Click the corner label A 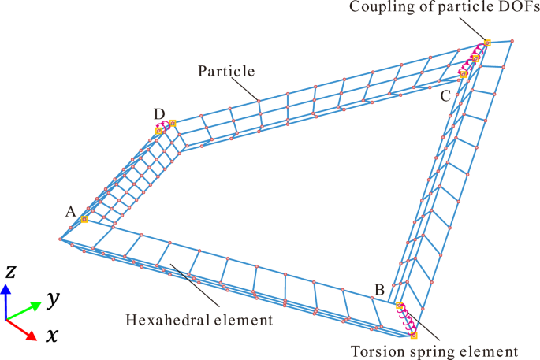click(x=70, y=211)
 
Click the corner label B click(x=379, y=291)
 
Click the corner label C click(x=445, y=95)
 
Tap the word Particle click(x=225, y=71)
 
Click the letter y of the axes click(x=53, y=299)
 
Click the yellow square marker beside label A click(x=84, y=220)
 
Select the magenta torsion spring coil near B click(x=407, y=321)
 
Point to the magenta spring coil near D click(x=166, y=125)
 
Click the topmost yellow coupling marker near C click(x=487, y=43)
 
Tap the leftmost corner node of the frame click(x=60, y=239)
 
